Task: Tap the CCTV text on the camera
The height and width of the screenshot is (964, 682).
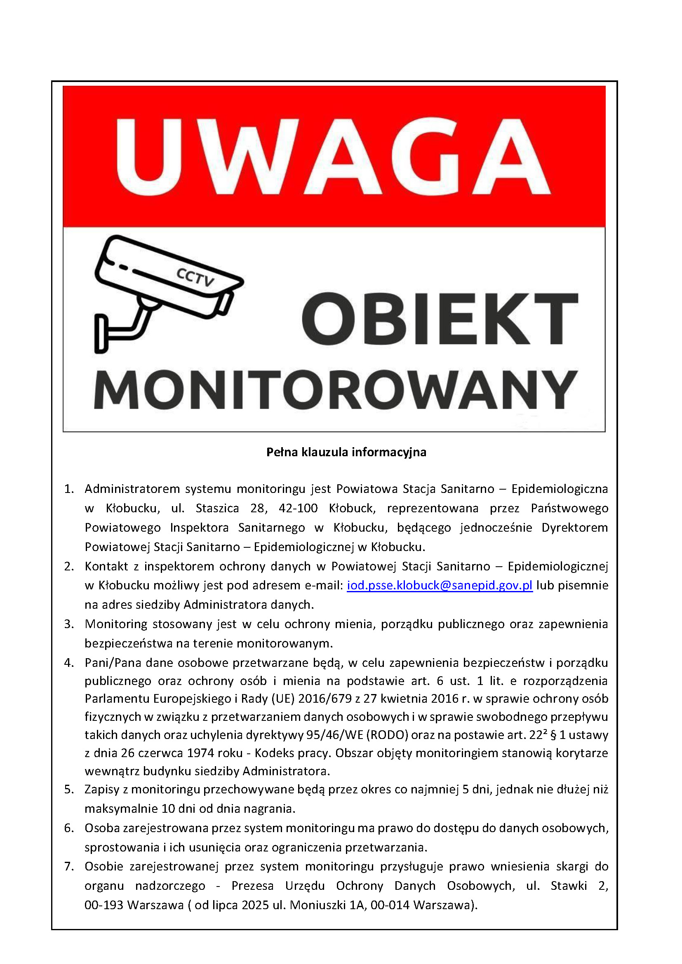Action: click(195, 277)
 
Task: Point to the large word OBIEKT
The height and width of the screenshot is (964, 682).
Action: click(440, 319)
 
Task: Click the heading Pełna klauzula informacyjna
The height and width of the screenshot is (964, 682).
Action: click(346, 452)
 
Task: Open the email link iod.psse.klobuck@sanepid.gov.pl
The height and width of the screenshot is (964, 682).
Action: click(440, 585)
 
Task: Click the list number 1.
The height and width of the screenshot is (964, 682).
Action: click(69, 489)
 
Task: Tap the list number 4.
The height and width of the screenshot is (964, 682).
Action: click(69, 663)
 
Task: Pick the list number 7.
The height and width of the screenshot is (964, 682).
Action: click(69, 866)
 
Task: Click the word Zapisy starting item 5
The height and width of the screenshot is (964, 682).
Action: click(102, 790)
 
